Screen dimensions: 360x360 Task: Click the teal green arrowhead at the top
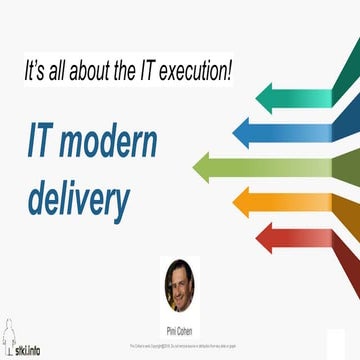point(273,97)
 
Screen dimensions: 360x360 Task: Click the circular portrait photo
point(180,285)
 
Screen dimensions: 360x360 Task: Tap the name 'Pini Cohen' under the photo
point(180,327)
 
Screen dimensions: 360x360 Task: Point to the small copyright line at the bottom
point(180,343)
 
